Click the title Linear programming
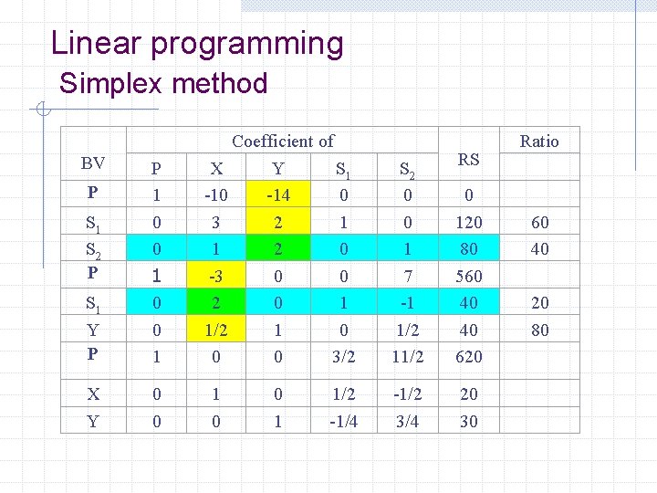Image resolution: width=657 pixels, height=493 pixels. (x=197, y=43)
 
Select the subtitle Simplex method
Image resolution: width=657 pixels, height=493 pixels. (x=163, y=84)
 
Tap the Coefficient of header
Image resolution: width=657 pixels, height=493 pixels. (x=283, y=141)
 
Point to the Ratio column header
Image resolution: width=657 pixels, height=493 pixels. (x=538, y=141)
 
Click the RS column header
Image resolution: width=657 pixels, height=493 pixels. (x=468, y=159)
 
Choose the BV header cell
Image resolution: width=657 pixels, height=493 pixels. (x=92, y=163)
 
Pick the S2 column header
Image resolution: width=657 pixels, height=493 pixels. (x=407, y=169)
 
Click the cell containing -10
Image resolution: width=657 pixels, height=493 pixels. (x=216, y=194)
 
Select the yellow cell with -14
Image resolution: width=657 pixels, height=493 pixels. (x=277, y=194)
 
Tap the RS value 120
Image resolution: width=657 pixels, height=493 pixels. (x=468, y=222)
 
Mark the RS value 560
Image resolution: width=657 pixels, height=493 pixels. (x=468, y=276)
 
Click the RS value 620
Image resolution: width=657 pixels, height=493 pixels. (x=468, y=357)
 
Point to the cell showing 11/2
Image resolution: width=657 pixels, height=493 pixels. (x=407, y=357)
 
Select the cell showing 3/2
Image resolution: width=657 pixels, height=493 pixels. (x=343, y=357)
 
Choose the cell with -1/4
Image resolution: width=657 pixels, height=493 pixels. (x=343, y=421)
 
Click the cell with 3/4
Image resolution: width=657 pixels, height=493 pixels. (x=407, y=421)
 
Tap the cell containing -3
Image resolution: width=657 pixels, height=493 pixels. (x=216, y=276)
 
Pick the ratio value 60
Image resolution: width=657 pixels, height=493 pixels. (x=540, y=222)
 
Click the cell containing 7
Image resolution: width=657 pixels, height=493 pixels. (x=407, y=276)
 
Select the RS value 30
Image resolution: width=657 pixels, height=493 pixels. (x=468, y=421)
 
